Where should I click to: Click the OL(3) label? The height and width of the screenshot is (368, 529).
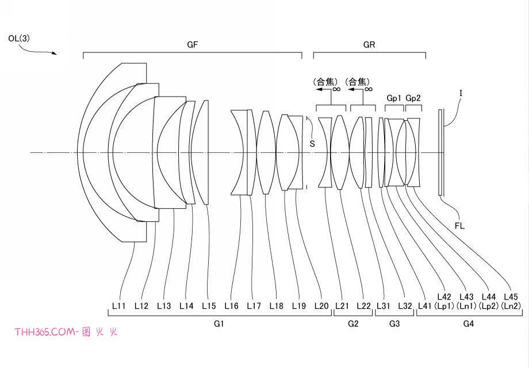pos(19,39)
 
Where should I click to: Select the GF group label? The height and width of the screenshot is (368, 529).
pos(192,44)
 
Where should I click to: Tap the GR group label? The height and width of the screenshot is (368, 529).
pos(369,44)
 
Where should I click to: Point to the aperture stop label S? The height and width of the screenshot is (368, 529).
pos(312,144)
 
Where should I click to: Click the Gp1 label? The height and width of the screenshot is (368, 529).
pos(394,98)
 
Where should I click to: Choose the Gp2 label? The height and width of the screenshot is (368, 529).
pos(413,98)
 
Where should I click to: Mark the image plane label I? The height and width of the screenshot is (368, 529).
pos(461,93)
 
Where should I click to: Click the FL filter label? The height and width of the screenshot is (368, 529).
pos(459,225)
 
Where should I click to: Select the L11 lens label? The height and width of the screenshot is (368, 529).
pos(119,306)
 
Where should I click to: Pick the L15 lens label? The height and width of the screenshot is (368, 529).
pos(209,306)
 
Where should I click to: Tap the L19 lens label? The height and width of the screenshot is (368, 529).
pos(299,306)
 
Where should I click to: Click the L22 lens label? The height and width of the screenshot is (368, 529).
pos(363,306)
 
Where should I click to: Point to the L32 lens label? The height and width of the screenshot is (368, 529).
pos(405,306)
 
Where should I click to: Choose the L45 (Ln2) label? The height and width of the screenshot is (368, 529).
pos(511,301)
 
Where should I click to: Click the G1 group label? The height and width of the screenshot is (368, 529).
pos(219,324)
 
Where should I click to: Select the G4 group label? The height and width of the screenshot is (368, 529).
pos(469,324)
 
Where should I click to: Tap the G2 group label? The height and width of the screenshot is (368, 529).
pos(353,324)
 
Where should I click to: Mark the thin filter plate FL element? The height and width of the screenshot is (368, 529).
pos(440,152)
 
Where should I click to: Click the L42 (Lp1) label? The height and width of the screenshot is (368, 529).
pos(444,301)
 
